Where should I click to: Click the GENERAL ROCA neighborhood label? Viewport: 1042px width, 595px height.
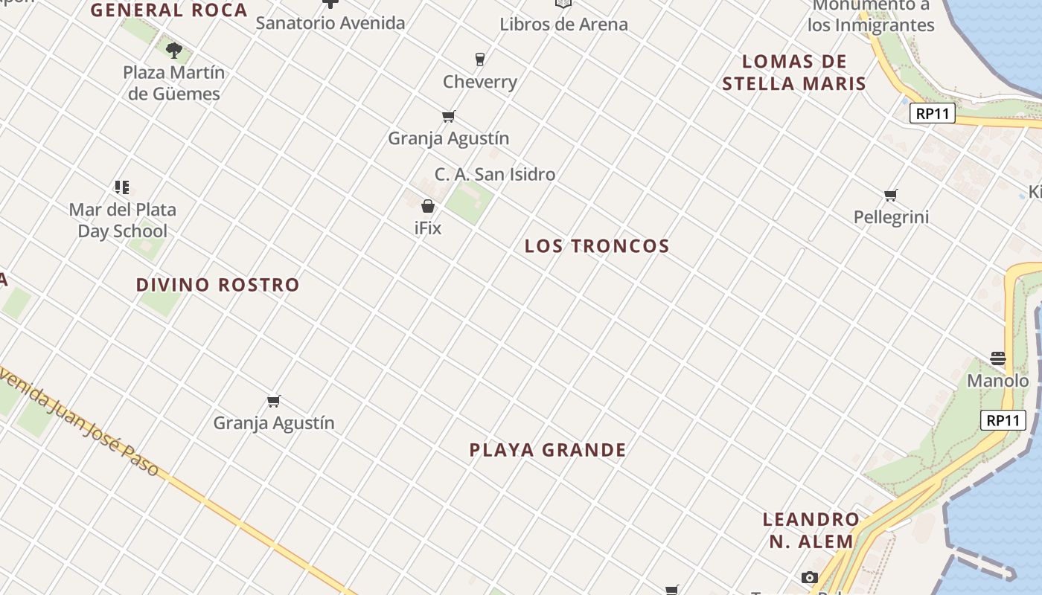pos(169,10)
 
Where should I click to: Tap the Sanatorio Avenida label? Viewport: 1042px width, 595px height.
pos(330,23)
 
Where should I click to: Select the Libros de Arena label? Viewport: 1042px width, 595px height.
pos(563,24)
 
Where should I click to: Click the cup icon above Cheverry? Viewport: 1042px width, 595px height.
pos(480,59)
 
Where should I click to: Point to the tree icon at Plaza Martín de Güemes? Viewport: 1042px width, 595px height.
pos(174,51)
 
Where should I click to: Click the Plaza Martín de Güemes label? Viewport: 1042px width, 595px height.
pos(174,83)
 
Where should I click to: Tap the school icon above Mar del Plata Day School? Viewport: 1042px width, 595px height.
pos(122,187)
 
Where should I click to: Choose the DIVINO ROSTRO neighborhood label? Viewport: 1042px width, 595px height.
pos(217,285)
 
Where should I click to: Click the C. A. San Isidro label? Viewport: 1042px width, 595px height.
pos(495,175)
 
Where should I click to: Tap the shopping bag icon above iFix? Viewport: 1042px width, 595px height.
pos(428,206)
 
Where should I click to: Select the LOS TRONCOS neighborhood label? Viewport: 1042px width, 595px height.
pos(597,246)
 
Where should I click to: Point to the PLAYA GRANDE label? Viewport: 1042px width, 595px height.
pos(548,450)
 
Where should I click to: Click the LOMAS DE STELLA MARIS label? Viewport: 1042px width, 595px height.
pos(794,72)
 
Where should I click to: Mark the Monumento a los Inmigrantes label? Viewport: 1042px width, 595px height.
pos(871,16)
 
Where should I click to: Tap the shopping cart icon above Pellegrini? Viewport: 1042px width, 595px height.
pos(891,196)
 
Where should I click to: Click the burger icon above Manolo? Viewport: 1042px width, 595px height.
pos(998,358)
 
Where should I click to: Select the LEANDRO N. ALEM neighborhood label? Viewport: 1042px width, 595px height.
pos(811,530)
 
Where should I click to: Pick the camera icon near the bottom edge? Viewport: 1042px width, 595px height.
pos(810,578)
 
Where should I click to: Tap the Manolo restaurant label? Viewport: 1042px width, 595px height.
pos(998,382)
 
